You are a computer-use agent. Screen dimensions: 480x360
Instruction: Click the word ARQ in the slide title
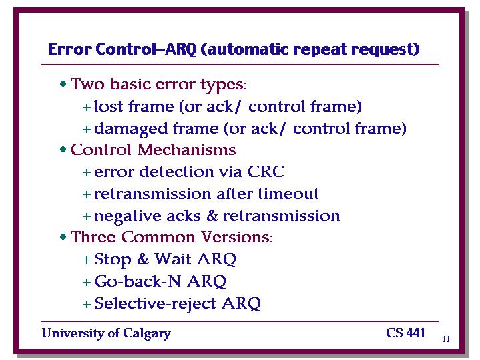(x=181, y=49)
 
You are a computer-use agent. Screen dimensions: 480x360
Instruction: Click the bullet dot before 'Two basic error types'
(x=63, y=83)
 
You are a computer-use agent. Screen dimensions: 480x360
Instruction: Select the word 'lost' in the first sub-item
(x=108, y=106)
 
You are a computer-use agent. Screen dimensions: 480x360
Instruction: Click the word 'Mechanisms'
(x=187, y=150)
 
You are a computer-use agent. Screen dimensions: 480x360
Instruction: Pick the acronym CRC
(x=266, y=172)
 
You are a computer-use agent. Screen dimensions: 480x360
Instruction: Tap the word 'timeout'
(x=288, y=194)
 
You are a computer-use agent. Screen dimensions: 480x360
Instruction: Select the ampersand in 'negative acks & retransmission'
(x=212, y=216)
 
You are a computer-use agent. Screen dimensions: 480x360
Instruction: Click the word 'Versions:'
(x=237, y=237)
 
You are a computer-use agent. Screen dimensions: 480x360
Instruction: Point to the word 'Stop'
(x=113, y=260)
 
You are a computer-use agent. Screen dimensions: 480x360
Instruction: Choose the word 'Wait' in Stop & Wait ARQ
(x=173, y=259)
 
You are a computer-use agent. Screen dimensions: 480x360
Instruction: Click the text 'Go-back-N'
(x=138, y=281)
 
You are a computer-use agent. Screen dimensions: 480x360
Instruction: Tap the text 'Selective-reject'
(x=155, y=304)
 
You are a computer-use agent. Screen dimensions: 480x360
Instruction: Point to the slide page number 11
(x=446, y=339)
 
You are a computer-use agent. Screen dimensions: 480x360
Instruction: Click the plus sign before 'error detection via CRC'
(x=87, y=172)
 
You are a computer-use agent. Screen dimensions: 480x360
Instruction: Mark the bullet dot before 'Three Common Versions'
(x=63, y=237)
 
